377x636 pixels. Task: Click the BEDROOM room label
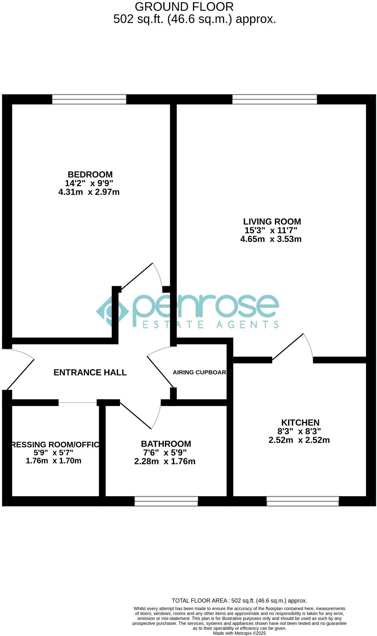point(90,174)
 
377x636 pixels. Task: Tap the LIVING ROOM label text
point(272,221)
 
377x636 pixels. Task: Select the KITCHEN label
point(300,422)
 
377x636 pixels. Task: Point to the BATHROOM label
point(166,444)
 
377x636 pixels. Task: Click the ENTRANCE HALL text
point(90,373)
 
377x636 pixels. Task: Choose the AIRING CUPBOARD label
point(199,372)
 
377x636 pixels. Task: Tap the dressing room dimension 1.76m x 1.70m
point(54,461)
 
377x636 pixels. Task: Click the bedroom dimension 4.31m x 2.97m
point(89,192)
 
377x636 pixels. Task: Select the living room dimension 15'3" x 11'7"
point(271,230)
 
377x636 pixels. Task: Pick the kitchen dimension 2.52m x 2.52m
point(299,440)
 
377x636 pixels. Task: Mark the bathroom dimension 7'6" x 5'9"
point(165,453)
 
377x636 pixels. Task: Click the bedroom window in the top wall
point(89,99)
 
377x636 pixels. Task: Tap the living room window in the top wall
point(275,99)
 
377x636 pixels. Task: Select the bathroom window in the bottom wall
point(166,501)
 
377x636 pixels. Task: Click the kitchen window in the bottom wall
point(303,501)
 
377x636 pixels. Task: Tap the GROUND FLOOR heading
point(184,7)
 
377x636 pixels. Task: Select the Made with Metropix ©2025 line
point(239,633)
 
